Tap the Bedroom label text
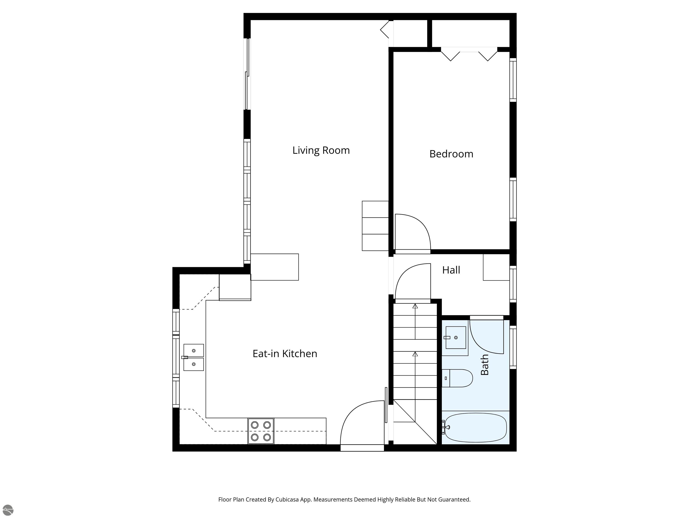(451, 154)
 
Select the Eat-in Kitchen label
(285, 354)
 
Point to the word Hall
(451, 270)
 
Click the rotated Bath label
(484, 365)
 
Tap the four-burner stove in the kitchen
(261, 431)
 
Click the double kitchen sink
(193, 357)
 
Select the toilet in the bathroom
(458, 378)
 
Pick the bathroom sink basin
(456, 337)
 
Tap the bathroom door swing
(486, 337)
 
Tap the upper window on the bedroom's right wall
(513, 80)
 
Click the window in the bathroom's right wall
(513, 347)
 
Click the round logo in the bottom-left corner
(8, 510)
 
